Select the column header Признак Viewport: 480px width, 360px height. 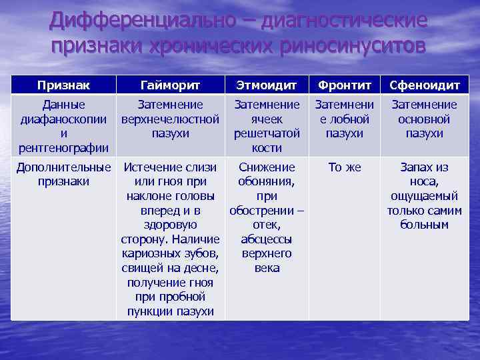coord(64,85)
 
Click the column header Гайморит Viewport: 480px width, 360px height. coord(170,85)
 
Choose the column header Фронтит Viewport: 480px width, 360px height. coord(345,85)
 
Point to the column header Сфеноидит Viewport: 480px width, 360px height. coord(424,85)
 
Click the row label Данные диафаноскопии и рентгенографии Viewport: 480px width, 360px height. coord(64,126)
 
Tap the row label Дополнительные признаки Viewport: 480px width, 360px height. coord(64,174)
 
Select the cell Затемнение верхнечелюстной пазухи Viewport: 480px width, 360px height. coord(170,119)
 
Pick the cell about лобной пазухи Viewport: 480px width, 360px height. coord(345,119)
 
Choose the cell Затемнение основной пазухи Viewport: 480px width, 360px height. coord(424,119)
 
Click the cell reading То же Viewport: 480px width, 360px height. coord(345,167)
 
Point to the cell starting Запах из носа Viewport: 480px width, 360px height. coord(424,195)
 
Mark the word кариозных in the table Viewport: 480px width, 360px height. coord(152,253)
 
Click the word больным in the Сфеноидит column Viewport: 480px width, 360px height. coord(424,225)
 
